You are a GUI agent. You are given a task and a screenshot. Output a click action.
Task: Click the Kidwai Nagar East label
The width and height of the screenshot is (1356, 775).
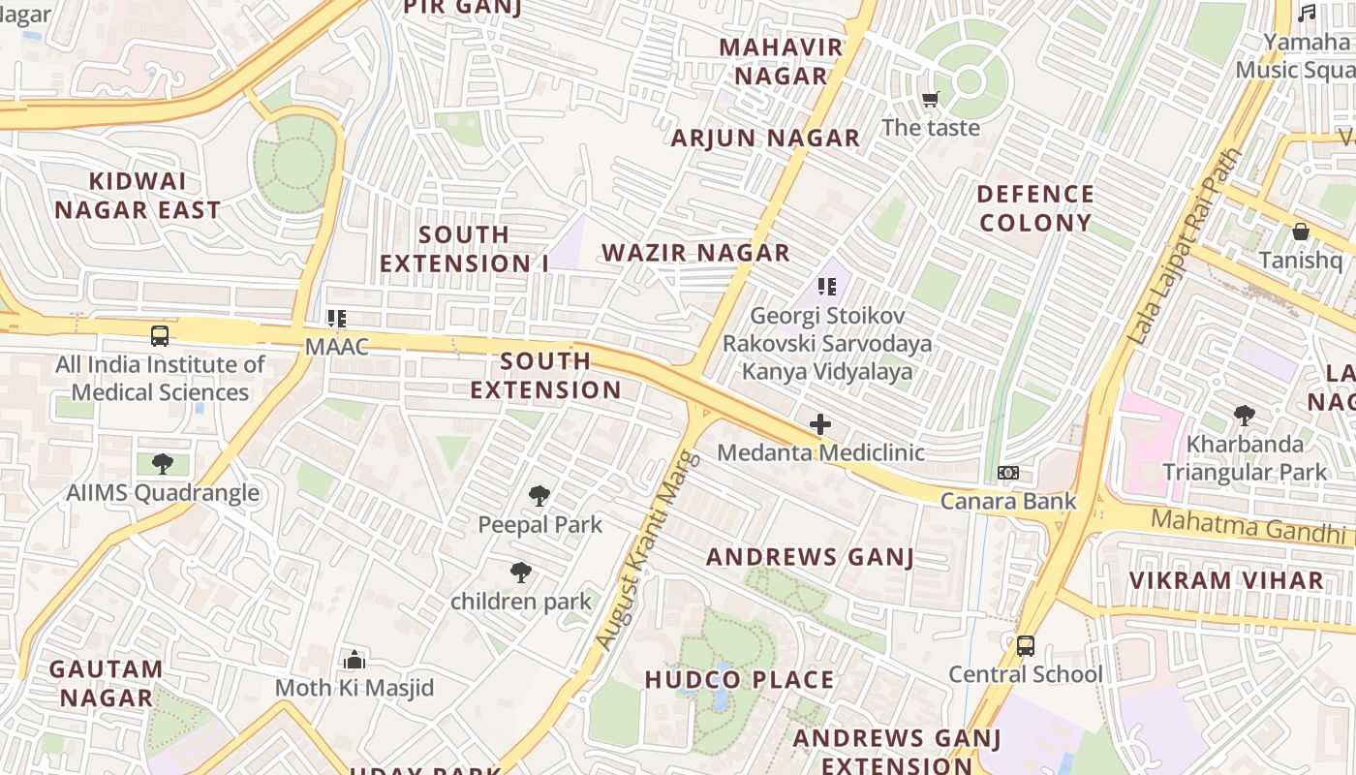138,196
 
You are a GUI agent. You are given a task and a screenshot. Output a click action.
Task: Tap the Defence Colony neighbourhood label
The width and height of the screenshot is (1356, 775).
1035,208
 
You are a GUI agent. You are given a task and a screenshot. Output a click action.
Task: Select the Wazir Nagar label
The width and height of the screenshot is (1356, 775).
695,253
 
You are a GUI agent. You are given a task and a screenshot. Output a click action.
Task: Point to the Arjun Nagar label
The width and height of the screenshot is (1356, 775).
765,139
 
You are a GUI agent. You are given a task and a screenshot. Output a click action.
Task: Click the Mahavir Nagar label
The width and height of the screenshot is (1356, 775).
781,61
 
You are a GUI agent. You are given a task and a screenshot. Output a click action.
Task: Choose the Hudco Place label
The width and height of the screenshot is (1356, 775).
739,680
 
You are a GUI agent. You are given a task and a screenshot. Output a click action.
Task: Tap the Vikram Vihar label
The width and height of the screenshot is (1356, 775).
1226,580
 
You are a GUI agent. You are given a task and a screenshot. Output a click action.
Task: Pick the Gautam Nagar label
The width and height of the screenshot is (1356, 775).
107,683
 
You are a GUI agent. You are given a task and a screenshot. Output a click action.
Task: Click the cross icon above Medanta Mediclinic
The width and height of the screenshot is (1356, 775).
820,424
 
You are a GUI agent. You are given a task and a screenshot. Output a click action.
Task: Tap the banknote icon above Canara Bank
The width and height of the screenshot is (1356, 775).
1008,473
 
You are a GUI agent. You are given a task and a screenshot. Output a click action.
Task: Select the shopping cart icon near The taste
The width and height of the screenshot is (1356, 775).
931,99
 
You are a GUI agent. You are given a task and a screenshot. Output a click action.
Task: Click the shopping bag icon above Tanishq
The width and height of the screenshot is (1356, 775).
1300,232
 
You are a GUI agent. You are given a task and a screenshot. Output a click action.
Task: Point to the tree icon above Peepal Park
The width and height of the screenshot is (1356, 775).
539,496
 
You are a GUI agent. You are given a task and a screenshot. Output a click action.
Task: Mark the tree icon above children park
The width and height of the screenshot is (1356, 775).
521,573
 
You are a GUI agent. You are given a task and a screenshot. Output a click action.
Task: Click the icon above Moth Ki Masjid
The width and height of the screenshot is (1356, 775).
354,660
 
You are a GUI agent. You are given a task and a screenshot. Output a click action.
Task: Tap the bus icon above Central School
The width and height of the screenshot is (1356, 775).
1025,645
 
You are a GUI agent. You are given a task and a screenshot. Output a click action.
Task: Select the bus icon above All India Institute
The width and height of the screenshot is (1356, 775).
160,336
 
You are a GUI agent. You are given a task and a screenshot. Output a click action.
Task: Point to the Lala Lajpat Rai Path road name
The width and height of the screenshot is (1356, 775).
1186,247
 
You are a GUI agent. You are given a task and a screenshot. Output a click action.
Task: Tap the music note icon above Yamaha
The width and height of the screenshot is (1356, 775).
1307,14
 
